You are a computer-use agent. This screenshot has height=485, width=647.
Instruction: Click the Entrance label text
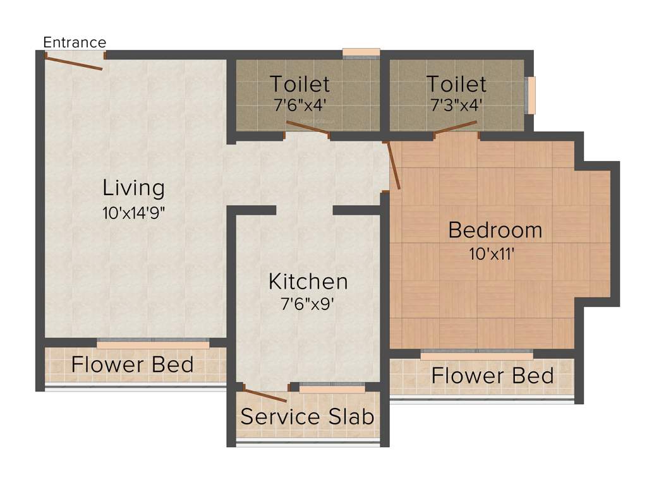tap(75, 42)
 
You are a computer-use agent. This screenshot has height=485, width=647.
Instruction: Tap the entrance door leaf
tap(73, 62)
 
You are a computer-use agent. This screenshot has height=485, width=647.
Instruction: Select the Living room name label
tap(134, 188)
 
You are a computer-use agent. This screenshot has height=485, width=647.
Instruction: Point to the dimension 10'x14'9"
tap(134, 213)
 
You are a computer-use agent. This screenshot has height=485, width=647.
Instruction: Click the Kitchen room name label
tap(308, 281)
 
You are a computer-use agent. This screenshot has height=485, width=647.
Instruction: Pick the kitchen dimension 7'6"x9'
tap(308, 304)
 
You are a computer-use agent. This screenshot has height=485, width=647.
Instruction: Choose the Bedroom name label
tap(495, 230)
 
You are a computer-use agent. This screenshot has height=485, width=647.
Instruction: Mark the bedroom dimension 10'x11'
tap(495, 254)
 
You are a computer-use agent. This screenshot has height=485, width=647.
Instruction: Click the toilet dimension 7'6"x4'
tap(300, 105)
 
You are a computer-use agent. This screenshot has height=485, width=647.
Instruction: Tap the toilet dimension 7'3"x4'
tap(456, 105)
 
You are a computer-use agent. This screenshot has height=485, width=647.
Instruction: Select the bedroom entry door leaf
tap(392, 165)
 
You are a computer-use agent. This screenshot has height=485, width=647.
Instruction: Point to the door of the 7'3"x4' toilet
tap(456, 128)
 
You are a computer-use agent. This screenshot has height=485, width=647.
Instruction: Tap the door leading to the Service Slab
tap(265, 395)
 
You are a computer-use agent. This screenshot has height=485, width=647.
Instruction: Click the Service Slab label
tap(308, 417)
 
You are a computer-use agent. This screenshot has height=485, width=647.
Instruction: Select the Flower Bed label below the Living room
tap(132, 364)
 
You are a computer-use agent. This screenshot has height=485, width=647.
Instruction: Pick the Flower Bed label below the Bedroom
tap(492, 376)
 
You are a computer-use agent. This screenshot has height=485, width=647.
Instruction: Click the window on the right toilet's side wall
tap(531, 95)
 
